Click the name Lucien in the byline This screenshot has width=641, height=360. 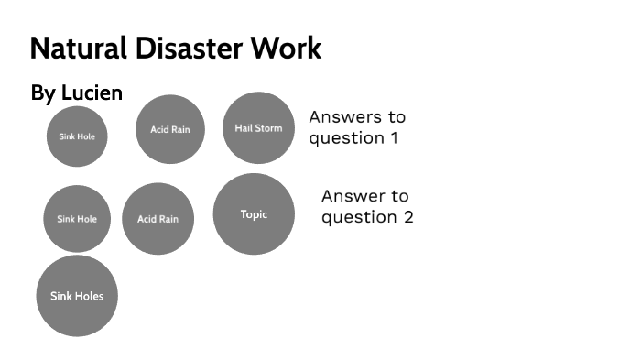[92, 93]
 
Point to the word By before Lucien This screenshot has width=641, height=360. [43, 93]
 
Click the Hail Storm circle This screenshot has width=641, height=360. [258, 127]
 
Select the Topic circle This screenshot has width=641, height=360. [254, 214]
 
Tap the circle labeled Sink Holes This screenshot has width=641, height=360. [77, 296]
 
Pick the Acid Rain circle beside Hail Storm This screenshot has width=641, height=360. [170, 129]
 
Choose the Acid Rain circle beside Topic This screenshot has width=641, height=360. [158, 219]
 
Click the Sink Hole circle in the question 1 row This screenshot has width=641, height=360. [77, 136]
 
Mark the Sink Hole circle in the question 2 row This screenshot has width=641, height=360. [77, 219]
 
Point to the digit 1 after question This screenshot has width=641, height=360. [395, 138]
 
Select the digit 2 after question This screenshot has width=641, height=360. [408, 218]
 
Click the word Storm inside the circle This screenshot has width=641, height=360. [269, 128]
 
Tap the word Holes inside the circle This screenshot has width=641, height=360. [90, 296]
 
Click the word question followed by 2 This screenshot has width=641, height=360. [360, 218]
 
